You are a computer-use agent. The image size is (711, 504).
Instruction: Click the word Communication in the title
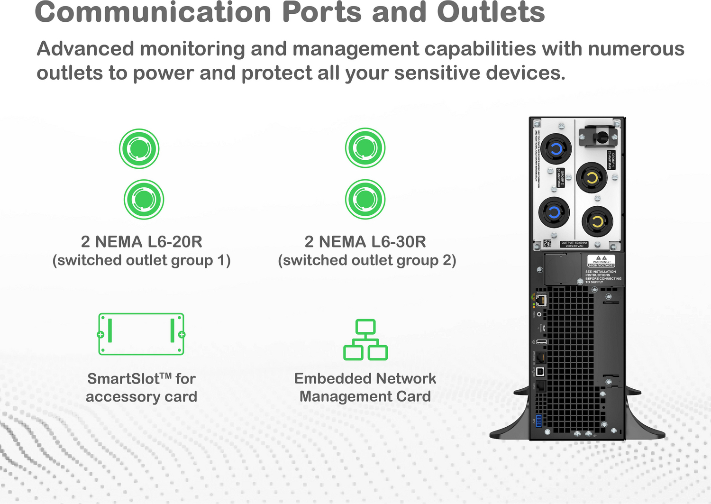point(153,12)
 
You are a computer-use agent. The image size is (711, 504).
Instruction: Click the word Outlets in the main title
point(491,12)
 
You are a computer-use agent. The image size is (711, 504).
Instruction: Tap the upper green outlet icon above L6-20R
point(139,149)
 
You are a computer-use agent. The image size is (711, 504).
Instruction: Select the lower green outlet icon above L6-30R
point(365,199)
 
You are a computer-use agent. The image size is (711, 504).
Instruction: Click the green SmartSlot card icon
point(141,334)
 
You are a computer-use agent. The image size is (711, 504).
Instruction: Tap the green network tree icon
point(365,340)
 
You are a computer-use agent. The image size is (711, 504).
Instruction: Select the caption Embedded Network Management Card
point(365,387)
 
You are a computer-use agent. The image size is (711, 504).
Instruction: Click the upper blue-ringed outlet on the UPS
point(556,149)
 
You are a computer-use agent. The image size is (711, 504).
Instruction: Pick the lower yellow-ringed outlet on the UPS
point(597,221)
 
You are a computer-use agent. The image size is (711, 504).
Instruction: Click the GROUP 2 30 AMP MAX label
point(560,178)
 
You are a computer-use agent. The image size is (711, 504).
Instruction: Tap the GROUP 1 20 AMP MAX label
point(611,160)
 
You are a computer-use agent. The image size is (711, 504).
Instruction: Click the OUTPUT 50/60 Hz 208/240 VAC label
point(574,244)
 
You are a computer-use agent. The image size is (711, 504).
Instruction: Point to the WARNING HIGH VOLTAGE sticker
point(601,261)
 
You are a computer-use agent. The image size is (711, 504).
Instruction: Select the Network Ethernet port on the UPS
point(541,300)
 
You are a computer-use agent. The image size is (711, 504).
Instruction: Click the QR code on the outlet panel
point(547,244)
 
